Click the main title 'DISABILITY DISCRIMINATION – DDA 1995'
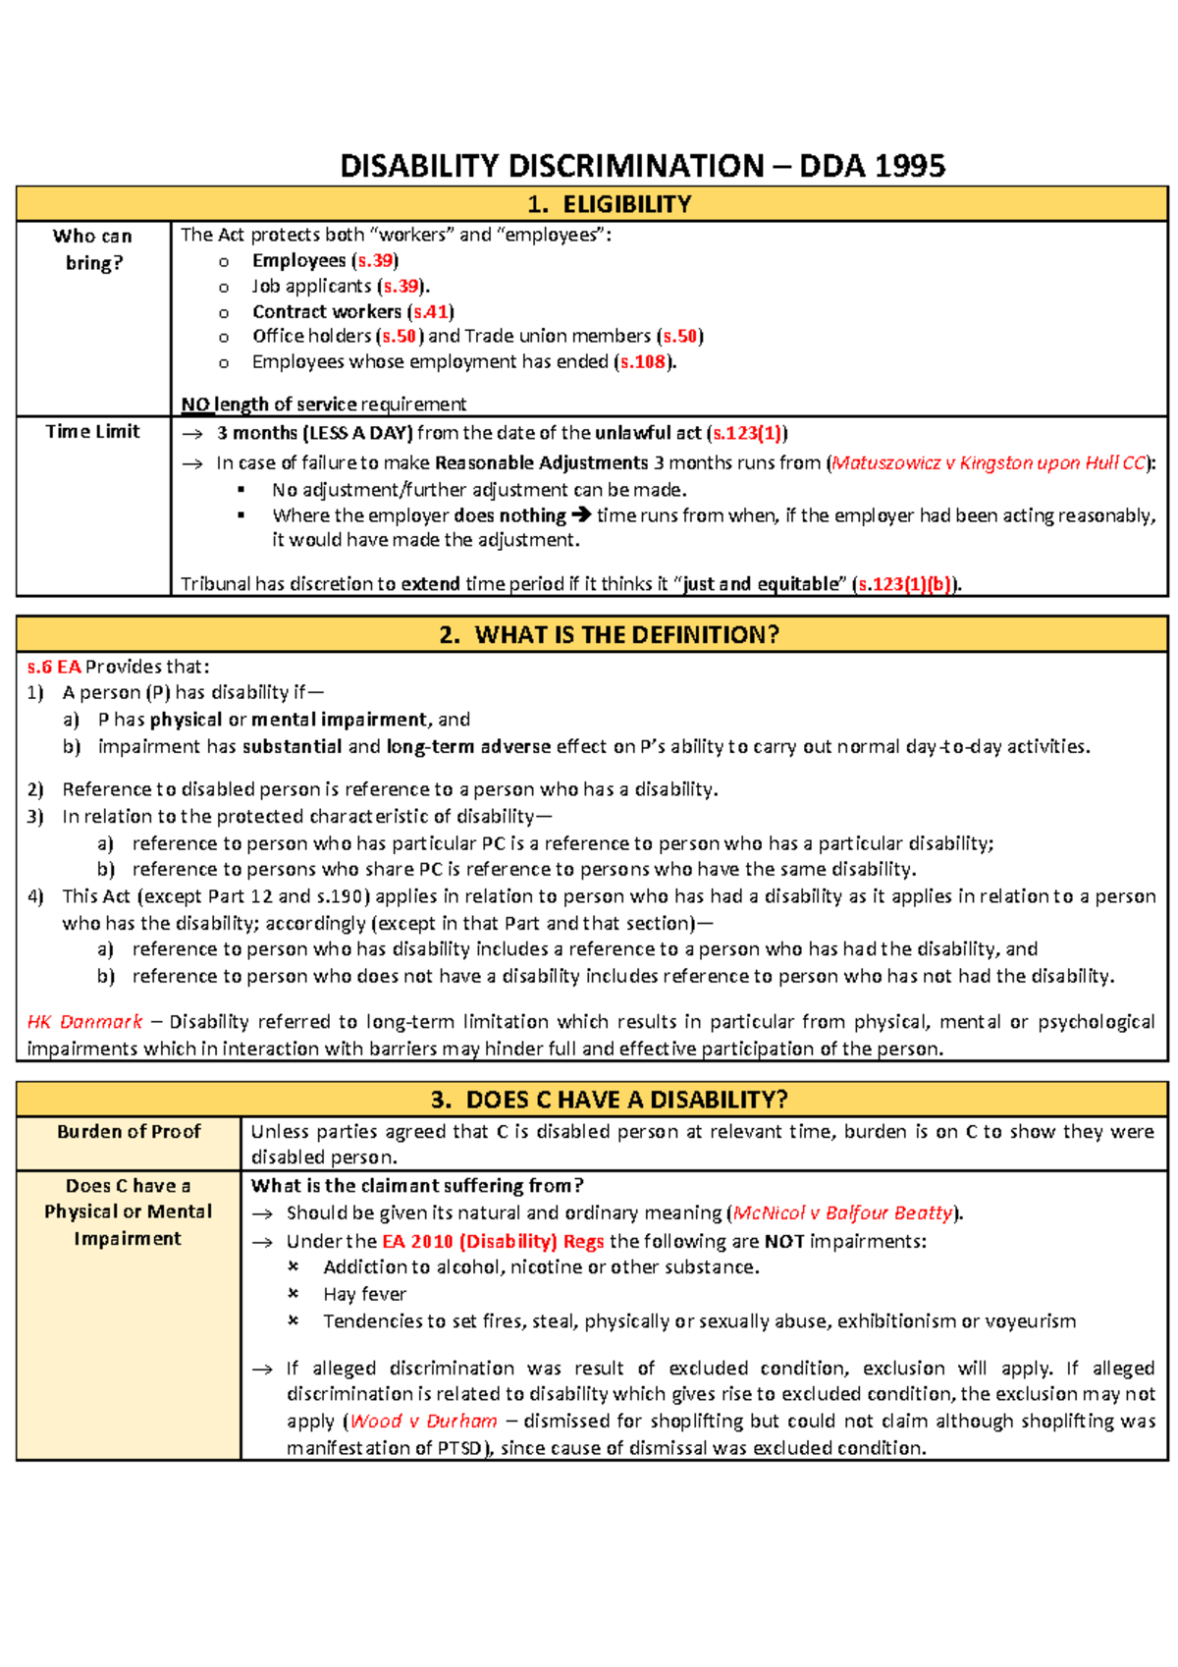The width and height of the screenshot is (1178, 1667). pos(642,165)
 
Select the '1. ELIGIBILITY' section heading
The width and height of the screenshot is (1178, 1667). pos(609,204)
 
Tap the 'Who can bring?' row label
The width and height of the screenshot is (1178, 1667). pos(93,249)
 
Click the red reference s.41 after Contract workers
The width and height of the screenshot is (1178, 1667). pos(430,311)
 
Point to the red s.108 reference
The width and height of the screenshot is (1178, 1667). pos(643,361)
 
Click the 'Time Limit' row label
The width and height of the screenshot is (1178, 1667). pos(93,431)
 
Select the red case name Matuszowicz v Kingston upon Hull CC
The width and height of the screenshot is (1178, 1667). pos(988,462)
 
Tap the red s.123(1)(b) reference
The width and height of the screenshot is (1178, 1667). pos(904,584)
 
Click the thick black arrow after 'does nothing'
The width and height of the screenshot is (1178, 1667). pos(581,515)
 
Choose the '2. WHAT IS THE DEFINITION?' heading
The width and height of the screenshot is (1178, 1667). pos(609,634)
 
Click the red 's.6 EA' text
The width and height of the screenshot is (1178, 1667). pos(54,667)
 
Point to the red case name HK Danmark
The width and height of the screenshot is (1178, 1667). pos(84,1022)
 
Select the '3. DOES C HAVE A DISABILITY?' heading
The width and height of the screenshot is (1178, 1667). pos(609,1099)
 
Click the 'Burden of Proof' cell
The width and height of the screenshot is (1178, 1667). pos(129,1132)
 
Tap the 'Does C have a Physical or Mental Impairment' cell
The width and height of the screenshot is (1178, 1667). pos(129,1211)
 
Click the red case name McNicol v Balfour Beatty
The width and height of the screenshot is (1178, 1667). pos(842,1212)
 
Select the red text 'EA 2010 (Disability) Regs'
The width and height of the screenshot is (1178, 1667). pos(493,1241)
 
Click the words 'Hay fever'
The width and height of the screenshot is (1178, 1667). pos(364,1294)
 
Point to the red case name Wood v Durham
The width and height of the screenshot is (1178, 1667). pos(423,1421)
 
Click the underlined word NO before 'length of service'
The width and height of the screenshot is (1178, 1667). pos(195,404)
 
